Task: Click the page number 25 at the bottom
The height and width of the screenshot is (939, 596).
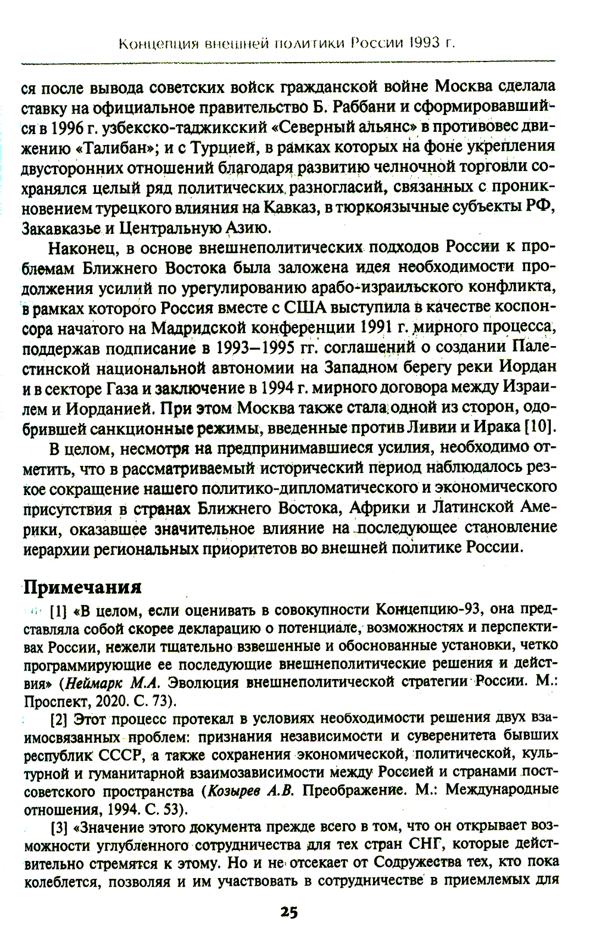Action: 289,912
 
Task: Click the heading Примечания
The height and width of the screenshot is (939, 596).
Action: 82,587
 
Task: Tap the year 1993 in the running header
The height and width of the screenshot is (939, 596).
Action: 427,43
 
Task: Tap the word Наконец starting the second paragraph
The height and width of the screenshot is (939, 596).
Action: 80,248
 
